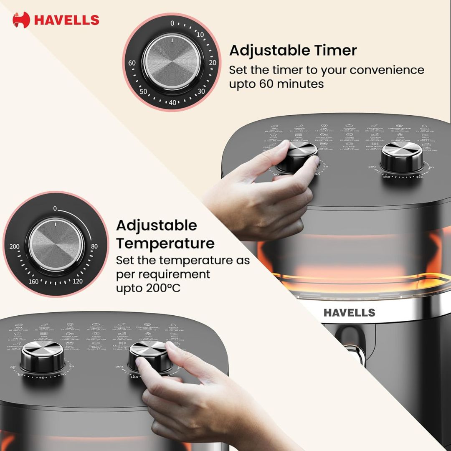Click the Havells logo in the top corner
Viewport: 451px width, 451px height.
click(56, 20)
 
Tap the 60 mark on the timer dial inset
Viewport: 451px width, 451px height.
click(132, 63)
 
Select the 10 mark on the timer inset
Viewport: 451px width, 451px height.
click(200, 35)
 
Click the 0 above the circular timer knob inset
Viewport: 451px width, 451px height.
click(172, 23)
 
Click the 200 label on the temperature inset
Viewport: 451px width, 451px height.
click(15, 247)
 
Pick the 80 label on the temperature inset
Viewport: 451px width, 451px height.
click(94, 246)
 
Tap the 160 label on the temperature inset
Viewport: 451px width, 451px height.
click(34, 281)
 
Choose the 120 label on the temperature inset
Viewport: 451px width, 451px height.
click(77, 281)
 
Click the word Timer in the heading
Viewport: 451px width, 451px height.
click(333, 51)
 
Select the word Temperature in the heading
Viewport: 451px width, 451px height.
click(165, 243)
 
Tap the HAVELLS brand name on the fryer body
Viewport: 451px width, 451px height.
click(349, 312)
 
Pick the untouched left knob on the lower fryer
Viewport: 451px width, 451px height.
click(43, 356)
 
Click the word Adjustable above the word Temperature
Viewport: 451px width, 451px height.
click(156, 225)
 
